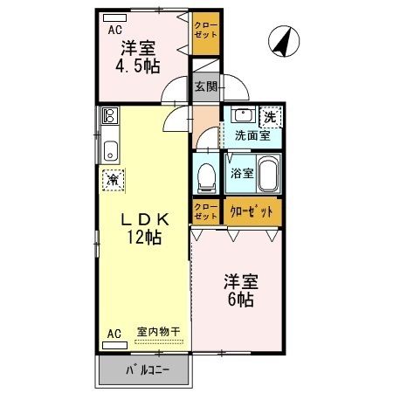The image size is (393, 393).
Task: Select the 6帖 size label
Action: (x=238, y=300)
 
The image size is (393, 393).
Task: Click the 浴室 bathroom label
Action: (x=242, y=173)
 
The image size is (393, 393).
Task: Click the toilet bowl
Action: (x=207, y=178)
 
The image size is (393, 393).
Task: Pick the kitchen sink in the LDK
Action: (x=111, y=148)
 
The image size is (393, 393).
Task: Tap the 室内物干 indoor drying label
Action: (x=158, y=332)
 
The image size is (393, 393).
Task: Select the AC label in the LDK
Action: (x=114, y=334)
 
